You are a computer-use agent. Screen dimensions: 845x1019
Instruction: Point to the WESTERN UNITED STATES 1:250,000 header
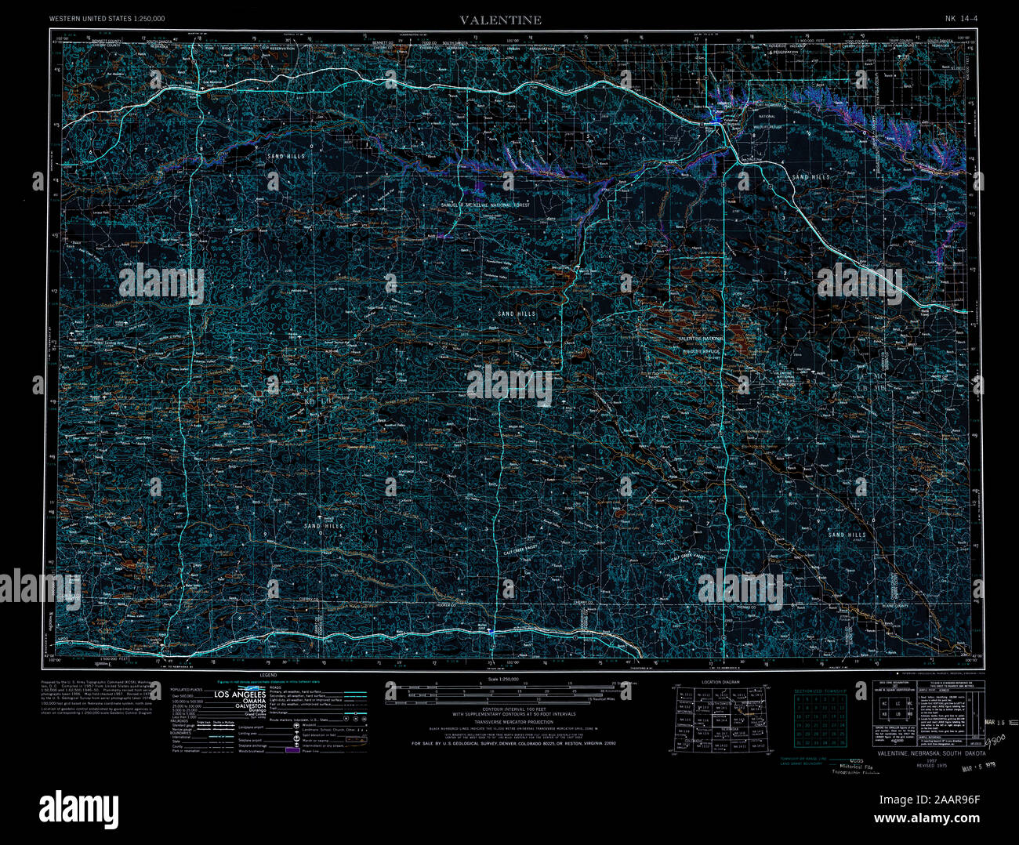(x=107, y=18)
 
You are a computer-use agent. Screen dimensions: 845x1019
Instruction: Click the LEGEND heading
(x=269, y=675)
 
